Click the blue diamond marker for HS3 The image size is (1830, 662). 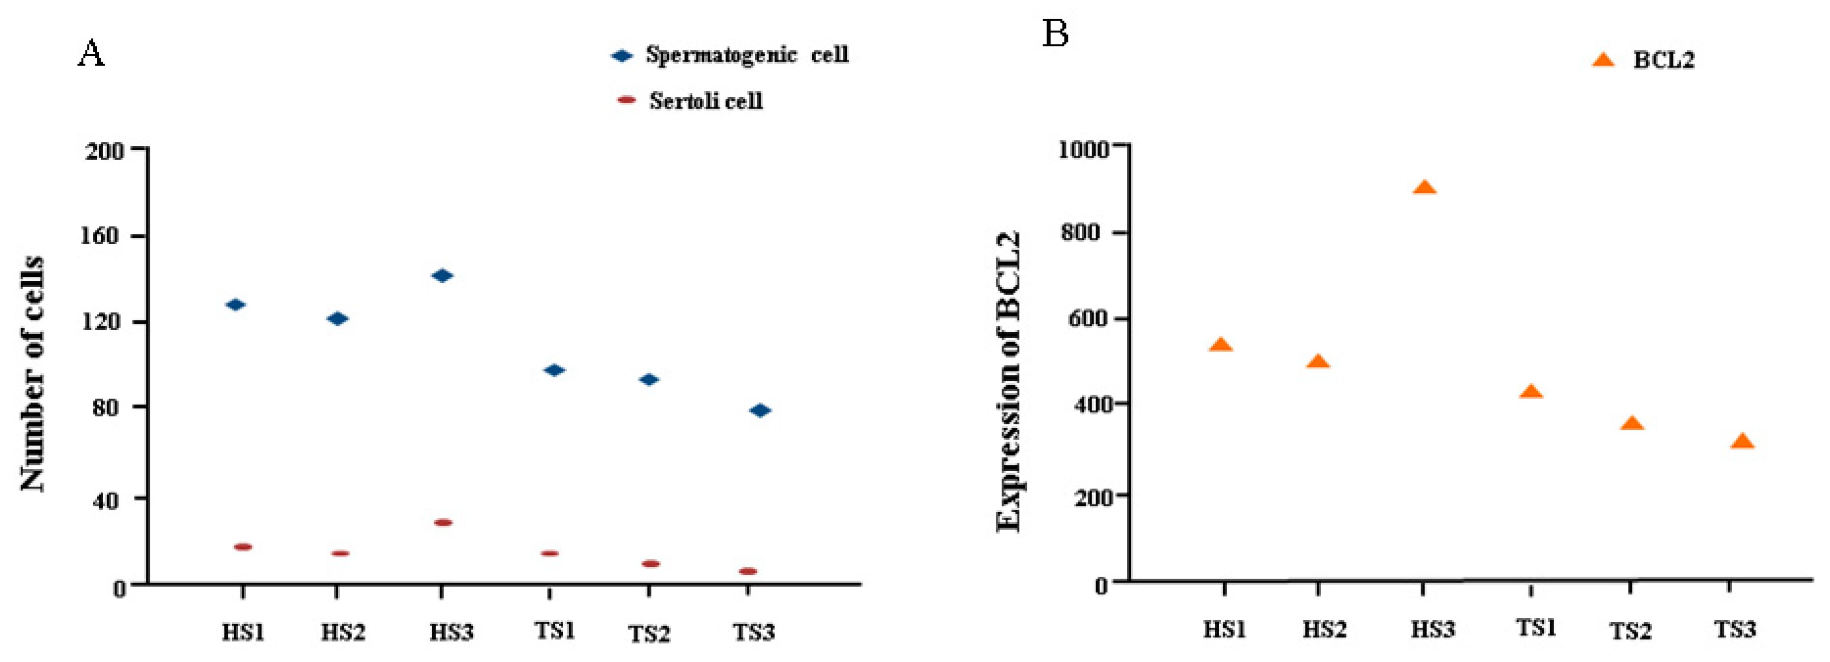pos(442,276)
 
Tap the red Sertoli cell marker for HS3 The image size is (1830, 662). pos(443,523)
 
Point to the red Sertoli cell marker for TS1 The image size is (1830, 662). pos(550,553)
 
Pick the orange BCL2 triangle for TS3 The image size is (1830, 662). pos(1742,442)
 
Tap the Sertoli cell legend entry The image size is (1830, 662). pos(706,101)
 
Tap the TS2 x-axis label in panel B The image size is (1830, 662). pos(1630,630)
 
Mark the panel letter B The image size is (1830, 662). pos(1055,33)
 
